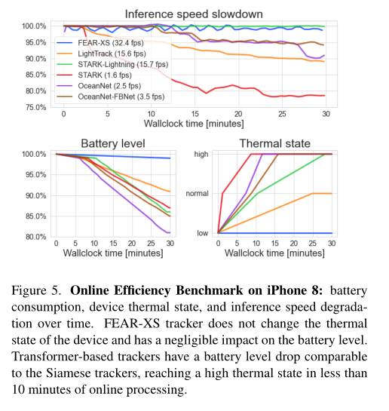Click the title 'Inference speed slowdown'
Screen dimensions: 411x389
[194, 13]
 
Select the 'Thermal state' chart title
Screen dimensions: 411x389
[274, 144]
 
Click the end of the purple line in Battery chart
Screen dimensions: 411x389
[170, 232]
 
